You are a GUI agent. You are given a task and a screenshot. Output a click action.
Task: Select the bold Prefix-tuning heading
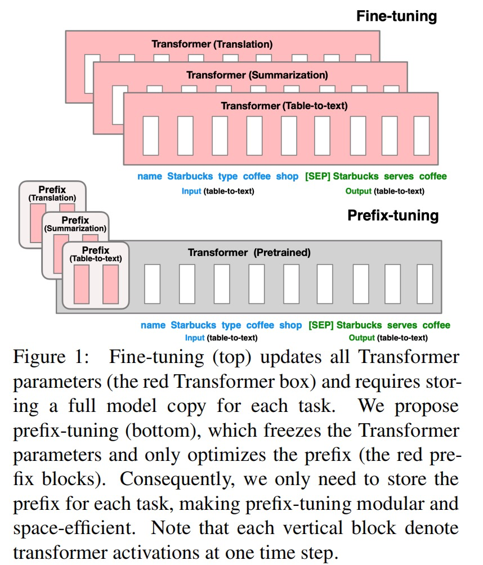(392, 215)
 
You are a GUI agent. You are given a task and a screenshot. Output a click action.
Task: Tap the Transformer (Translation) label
(212, 43)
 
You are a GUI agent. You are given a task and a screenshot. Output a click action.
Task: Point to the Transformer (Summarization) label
(257, 74)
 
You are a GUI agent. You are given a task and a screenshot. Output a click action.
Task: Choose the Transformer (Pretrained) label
(249, 253)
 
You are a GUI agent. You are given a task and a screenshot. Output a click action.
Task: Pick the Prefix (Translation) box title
(52, 194)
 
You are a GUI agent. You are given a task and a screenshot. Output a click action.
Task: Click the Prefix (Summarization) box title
(75, 224)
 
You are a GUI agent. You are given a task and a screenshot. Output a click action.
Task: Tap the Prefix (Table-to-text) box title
(96, 254)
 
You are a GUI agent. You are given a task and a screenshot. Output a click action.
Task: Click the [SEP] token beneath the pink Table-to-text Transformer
(317, 176)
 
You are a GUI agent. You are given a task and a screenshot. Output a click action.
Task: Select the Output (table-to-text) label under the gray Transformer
(388, 338)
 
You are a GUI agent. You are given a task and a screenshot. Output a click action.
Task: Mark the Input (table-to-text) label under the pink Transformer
(217, 191)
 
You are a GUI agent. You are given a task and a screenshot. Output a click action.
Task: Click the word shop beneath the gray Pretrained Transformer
(290, 325)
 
